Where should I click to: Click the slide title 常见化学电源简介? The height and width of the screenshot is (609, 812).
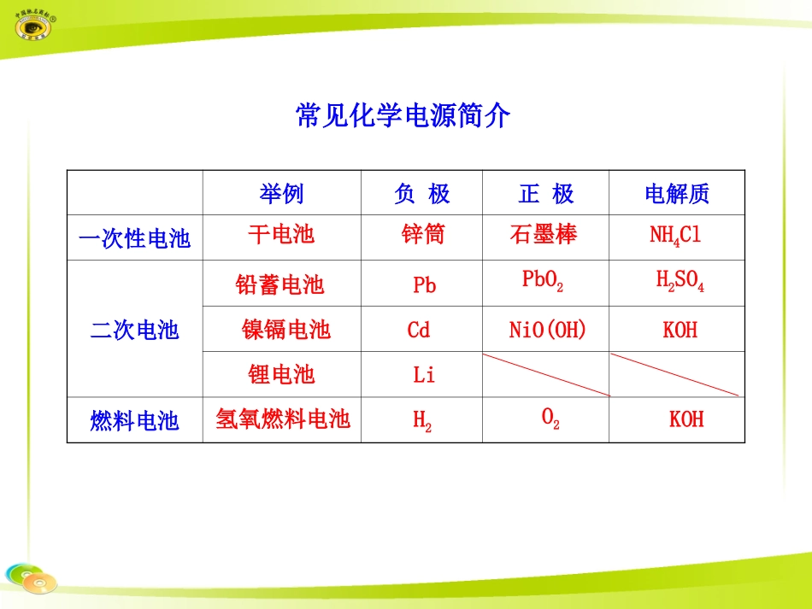403,115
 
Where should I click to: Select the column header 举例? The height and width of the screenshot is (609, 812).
281,194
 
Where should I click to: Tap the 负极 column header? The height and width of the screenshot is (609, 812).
421,194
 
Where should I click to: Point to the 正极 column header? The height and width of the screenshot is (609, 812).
546,194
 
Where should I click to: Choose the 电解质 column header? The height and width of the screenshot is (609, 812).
677,194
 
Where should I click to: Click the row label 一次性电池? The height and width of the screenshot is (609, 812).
134,238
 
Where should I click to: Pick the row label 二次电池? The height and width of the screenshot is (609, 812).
134,330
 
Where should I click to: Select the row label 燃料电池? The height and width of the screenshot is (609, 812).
134,420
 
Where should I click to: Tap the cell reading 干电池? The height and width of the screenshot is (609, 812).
281,235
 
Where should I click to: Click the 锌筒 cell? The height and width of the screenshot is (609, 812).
422,235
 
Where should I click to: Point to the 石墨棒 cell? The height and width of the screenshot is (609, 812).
543,235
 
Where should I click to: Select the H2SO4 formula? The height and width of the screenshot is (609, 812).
680,281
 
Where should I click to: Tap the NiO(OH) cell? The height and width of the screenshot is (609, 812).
548,330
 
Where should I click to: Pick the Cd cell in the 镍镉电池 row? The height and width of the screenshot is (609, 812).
419,330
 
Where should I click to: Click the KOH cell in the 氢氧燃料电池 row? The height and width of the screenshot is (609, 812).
686,419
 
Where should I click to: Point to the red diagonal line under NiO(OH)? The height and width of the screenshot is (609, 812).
546,374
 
